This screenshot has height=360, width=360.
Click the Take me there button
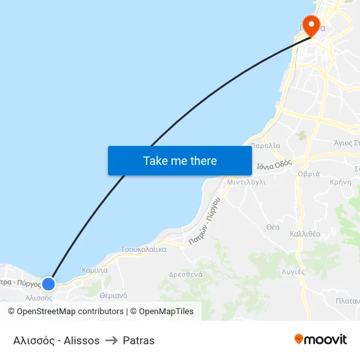coord(180,160)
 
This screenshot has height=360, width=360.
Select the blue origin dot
coord(48,283)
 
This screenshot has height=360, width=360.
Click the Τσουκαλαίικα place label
coord(143,249)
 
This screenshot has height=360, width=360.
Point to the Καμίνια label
coord(94,270)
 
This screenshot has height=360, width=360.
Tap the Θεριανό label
coord(114,295)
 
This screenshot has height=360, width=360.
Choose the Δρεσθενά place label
coord(185,275)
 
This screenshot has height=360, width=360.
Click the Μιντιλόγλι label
coord(246,183)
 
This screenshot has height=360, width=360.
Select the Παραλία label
coord(265,146)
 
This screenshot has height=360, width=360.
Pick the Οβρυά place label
coord(309,173)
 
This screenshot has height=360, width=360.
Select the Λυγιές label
coord(293,270)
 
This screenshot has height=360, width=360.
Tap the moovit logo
coord(321,340)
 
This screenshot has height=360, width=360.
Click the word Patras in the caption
coord(139,340)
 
